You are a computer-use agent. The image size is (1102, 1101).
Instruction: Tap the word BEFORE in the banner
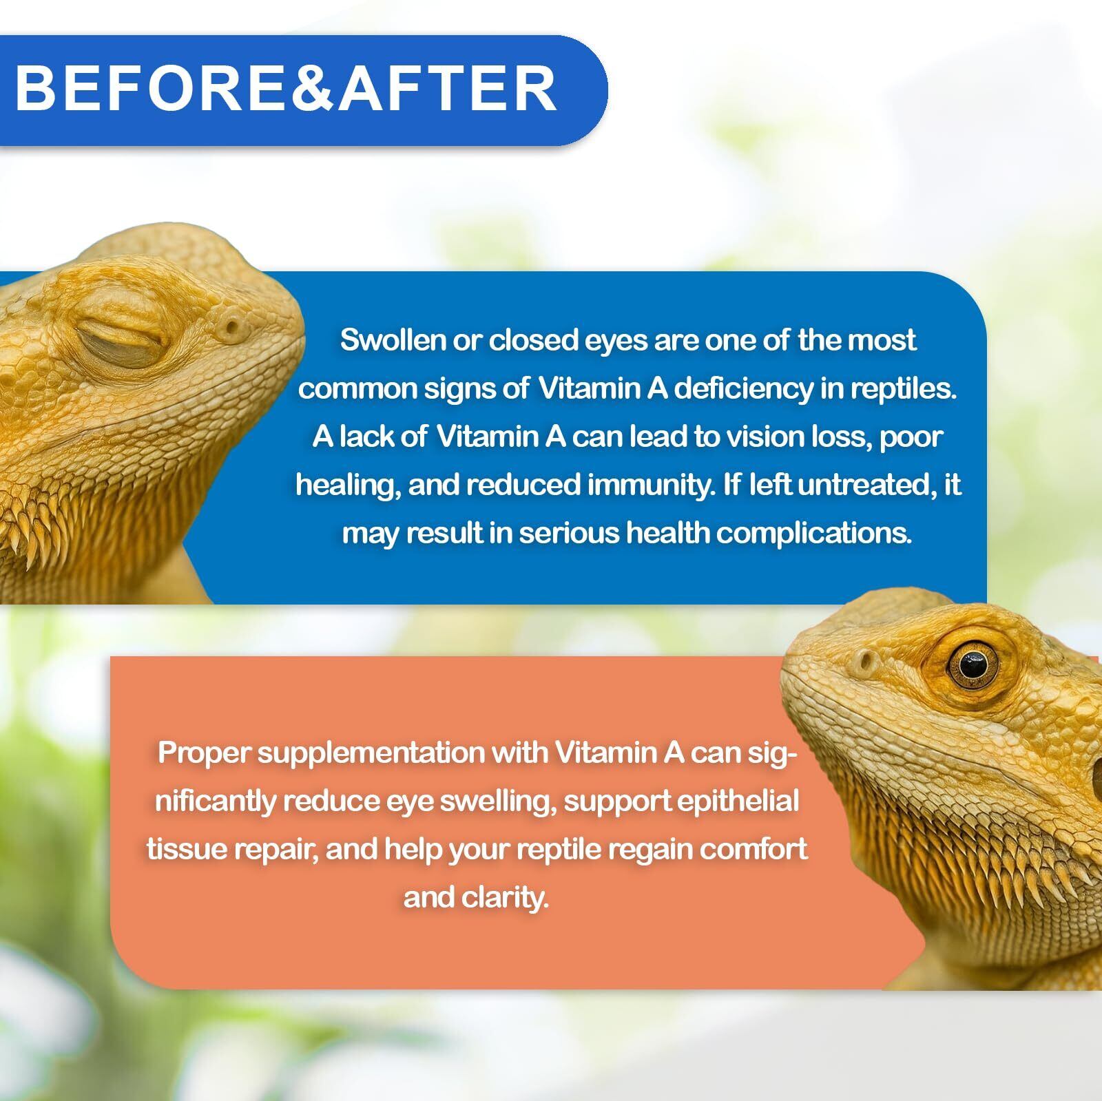pyautogui.click(x=152, y=88)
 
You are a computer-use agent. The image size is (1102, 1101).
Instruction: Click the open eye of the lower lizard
pyautogui.click(x=972, y=663)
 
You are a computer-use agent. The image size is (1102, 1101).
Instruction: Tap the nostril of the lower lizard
pyautogui.click(x=866, y=663)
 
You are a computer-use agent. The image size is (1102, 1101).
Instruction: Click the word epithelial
pyautogui.click(x=739, y=801)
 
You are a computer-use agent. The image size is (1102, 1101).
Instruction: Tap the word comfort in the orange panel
pyautogui.click(x=753, y=850)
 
